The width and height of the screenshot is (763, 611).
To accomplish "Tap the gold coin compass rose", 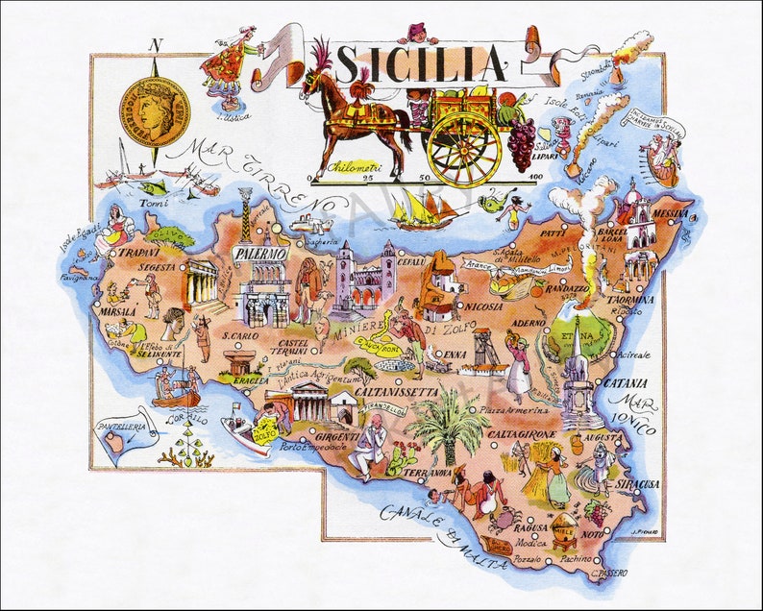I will tap(154, 111).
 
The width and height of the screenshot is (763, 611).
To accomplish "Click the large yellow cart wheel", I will tap(464, 149).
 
